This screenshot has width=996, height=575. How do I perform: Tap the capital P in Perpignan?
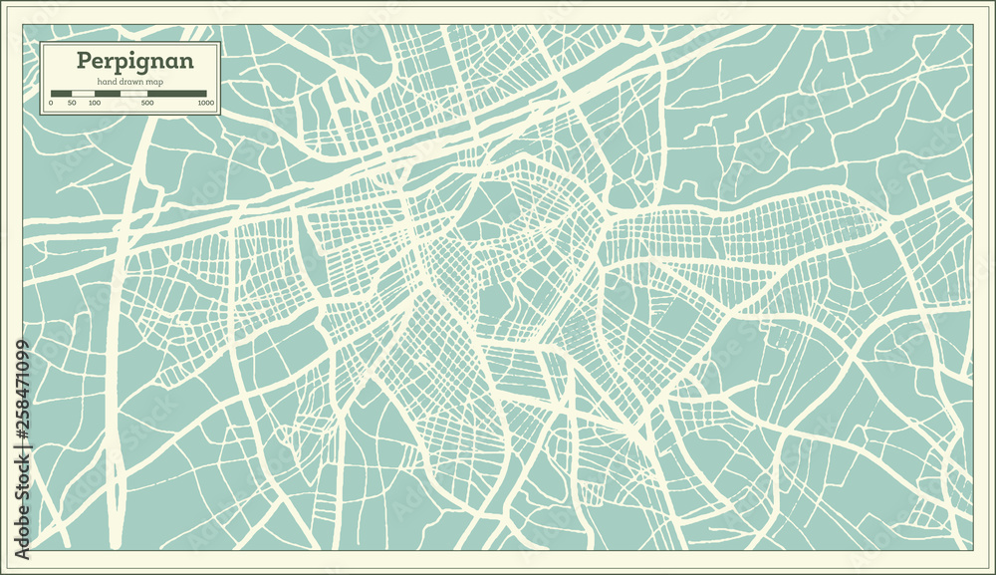click(85, 60)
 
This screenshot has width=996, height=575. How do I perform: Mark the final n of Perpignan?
click(184, 62)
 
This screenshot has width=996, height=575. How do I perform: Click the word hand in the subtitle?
click(107, 81)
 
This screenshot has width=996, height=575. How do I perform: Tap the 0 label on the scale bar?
click(51, 103)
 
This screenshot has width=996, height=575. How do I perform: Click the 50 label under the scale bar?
click(72, 103)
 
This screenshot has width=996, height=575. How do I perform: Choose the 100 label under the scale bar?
click(94, 103)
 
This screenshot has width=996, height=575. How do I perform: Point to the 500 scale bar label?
click(147, 103)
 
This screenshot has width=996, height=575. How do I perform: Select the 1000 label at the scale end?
click(205, 103)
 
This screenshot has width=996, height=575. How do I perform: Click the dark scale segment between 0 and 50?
click(61, 93)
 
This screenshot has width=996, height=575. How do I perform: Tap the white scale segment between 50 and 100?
click(83, 93)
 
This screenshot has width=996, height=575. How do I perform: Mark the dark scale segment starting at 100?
click(108, 93)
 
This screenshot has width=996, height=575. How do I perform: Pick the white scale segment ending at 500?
click(134, 93)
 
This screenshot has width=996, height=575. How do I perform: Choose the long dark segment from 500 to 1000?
click(177, 93)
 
